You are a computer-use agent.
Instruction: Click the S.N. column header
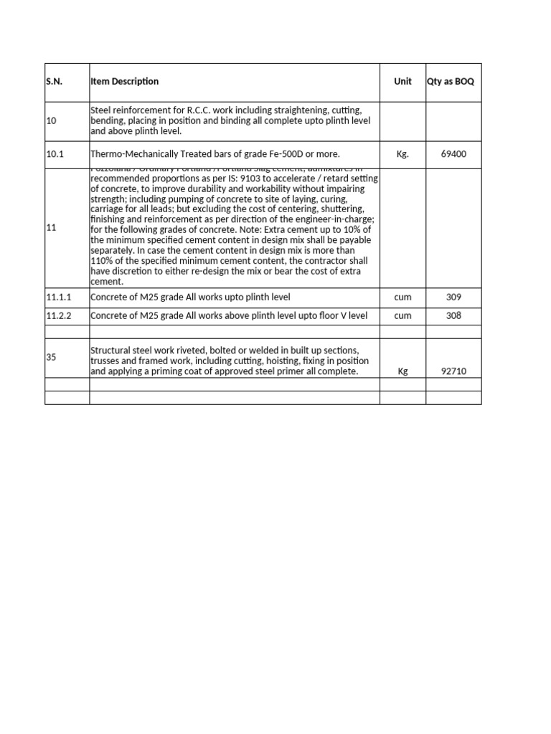pyautogui.click(x=54, y=82)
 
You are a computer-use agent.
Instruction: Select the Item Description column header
pyautogui.click(x=125, y=82)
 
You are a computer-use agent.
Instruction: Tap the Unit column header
pyautogui.click(x=402, y=82)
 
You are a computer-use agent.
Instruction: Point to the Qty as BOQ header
pyautogui.click(x=451, y=82)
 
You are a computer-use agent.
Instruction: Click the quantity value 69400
pyautogui.click(x=453, y=154)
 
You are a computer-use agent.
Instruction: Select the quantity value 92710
pyautogui.click(x=453, y=372)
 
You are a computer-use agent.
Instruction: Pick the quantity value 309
pyautogui.click(x=453, y=297)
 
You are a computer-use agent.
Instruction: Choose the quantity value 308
pyautogui.click(x=453, y=315)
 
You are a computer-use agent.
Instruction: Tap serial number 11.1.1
pyautogui.click(x=58, y=297)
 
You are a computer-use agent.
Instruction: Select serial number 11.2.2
pyautogui.click(x=58, y=315)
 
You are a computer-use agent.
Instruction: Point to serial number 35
pyautogui.click(x=51, y=356)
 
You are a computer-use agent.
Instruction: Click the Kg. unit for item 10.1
pyautogui.click(x=402, y=154)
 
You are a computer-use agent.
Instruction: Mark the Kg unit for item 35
pyautogui.click(x=402, y=372)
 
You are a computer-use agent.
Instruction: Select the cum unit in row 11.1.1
pyautogui.click(x=402, y=297)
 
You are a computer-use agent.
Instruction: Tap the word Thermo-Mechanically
pyautogui.click(x=135, y=154)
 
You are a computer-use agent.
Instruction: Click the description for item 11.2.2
pyautogui.click(x=229, y=315)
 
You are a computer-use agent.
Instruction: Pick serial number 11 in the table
pyautogui.click(x=51, y=227)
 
